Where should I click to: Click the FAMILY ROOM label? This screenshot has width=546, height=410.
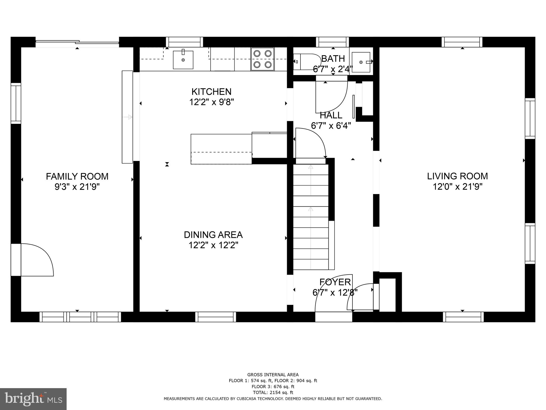click(x=77, y=176)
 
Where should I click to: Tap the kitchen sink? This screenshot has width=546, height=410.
click(x=183, y=60)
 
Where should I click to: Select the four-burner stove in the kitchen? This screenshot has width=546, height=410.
click(x=263, y=59)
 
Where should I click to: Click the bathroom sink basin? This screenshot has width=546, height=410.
click(x=361, y=62)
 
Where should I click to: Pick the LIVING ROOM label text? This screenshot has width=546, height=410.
click(x=457, y=176)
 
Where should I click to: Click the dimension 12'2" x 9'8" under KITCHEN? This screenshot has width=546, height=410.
click(x=211, y=102)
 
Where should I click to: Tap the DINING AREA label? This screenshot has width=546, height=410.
click(x=213, y=235)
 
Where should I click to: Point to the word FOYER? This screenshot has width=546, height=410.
click(x=335, y=282)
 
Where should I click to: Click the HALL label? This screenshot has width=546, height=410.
click(x=331, y=115)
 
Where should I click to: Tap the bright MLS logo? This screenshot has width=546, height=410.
click(x=33, y=399)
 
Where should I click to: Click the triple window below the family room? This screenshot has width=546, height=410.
click(x=80, y=317)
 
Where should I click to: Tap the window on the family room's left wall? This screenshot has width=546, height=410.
click(x=16, y=103)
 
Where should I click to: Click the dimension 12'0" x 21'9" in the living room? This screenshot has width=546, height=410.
click(x=457, y=187)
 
